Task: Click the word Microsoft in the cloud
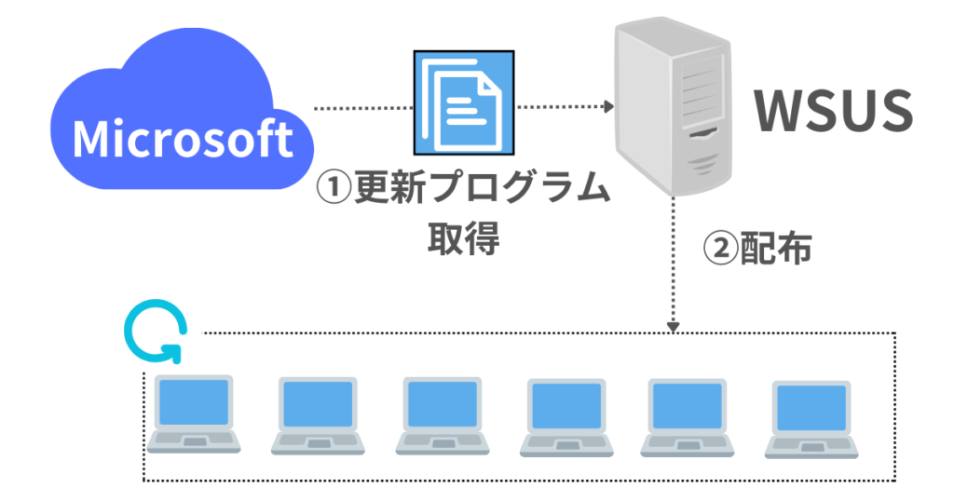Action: click(183, 140)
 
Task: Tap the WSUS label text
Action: click(832, 111)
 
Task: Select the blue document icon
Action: click(464, 102)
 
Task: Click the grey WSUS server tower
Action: click(672, 107)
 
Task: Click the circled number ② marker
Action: click(718, 248)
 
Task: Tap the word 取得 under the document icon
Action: click(464, 237)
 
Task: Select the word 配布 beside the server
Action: click(775, 248)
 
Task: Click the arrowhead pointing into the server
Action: click(607, 108)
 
